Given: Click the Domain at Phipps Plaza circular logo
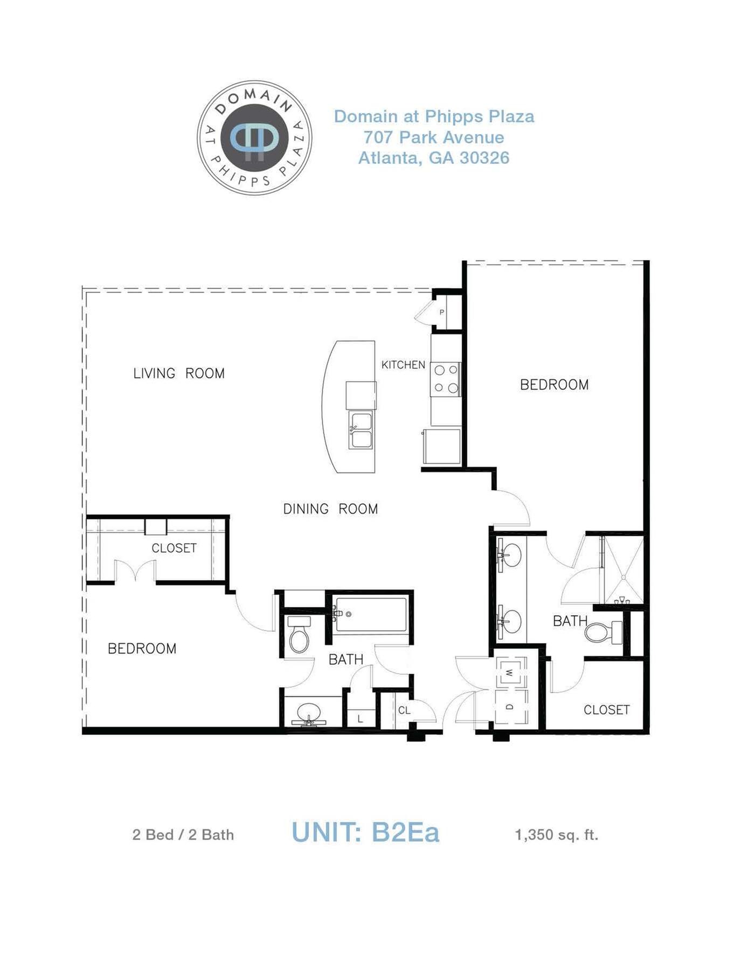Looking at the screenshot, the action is coord(254,137).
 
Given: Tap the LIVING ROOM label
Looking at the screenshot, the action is coord(179,373).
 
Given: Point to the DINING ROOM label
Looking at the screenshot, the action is coord(330,509).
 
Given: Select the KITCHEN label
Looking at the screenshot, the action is coord(403,365).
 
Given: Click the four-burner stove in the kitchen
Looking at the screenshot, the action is coord(446,379).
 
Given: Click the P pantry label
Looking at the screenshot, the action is coord(441,312).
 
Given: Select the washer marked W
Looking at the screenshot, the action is coord(510,672).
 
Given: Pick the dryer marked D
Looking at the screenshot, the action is coord(510,707).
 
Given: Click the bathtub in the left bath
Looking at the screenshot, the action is coord(371,614).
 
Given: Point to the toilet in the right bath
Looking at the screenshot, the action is coord(603,632).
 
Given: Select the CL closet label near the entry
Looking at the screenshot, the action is coord(404,711).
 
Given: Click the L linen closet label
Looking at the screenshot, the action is coord(360,719).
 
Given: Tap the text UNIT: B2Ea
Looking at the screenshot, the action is coord(365,832).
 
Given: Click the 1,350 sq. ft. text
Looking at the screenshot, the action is coord(557,834).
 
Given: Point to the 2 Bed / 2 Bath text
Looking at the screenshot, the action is coord(183,834).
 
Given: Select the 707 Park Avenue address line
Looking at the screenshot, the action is coord(434,137).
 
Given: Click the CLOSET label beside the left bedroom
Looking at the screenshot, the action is coord(174,548).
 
